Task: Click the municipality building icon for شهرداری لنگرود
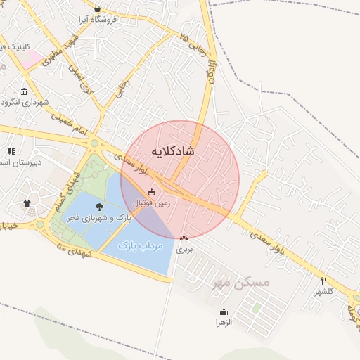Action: click(x=25, y=92)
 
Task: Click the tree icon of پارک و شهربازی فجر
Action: click(x=99, y=207)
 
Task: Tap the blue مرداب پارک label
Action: click(x=140, y=245)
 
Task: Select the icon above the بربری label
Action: click(x=184, y=238)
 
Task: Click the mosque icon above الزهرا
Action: click(x=224, y=311)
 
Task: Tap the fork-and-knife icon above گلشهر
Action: click(x=323, y=280)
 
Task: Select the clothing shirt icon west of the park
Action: click(x=27, y=204)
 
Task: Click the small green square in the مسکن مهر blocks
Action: click(x=257, y=307)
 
